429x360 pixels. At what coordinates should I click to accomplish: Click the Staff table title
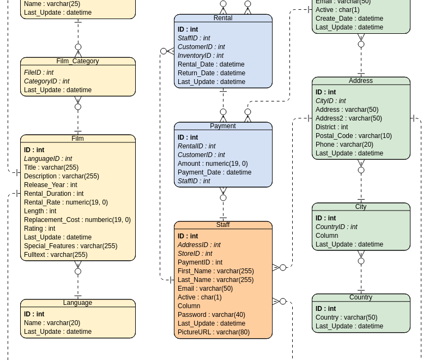coord(223,225)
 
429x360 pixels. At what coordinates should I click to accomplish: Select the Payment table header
coord(223,126)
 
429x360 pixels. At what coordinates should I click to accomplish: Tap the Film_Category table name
coord(77,61)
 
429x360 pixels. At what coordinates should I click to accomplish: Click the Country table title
coord(361,297)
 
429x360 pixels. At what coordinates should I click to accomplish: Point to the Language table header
coord(77,303)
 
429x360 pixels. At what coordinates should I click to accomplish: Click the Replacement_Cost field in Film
coord(77,220)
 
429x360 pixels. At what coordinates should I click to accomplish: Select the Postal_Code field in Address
coord(353,136)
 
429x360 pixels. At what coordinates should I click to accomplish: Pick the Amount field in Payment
coord(213,164)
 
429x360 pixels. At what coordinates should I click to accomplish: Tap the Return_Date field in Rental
coord(211,73)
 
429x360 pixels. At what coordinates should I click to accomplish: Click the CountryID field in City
coord(336,227)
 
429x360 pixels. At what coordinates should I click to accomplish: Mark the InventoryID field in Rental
coord(200,56)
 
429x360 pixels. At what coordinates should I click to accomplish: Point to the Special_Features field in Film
coord(70,246)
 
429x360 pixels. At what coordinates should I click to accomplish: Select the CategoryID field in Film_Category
coord(46,81)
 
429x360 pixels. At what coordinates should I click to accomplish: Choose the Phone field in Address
coord(344,145)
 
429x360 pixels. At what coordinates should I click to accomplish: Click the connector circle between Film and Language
coord(78,271)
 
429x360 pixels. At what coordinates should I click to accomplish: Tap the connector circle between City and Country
coord(361,261)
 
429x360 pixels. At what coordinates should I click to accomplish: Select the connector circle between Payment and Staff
coord(223,197)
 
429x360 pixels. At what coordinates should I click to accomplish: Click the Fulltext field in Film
coord(56,255)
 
